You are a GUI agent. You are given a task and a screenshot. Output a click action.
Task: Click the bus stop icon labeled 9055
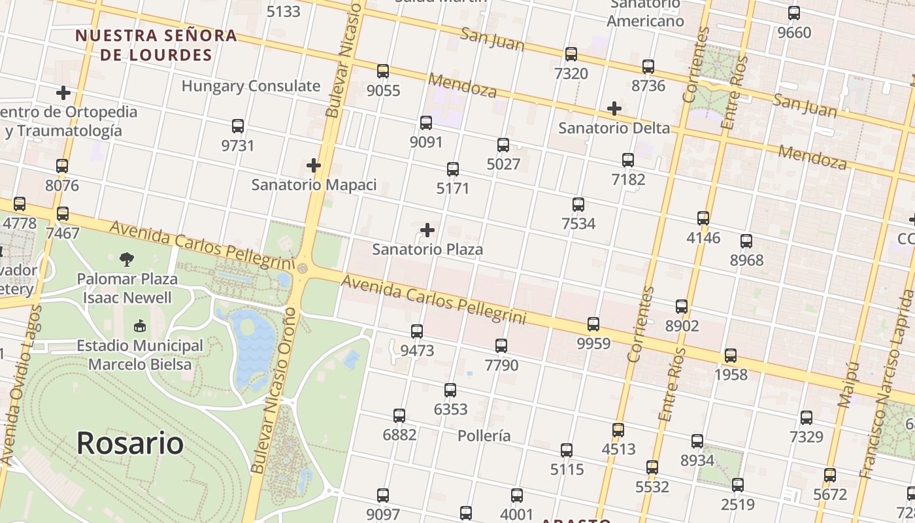click(x=383, y=71)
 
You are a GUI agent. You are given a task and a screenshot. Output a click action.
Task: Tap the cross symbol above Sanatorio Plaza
click(x=427, y=230)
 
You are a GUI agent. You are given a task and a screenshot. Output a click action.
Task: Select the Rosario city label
click(x=129, y=443)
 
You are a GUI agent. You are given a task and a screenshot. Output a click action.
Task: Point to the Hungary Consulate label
click(x=251, y=86)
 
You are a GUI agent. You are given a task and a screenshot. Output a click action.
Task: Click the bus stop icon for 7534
click(x=578, y=205)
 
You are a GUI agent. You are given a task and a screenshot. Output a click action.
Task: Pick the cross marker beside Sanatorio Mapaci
click(x=314, y=165)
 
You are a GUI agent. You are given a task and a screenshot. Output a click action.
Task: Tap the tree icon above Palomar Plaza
click(x=127, y=260)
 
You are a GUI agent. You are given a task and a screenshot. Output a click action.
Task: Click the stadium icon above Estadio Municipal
click(x=139, y=326)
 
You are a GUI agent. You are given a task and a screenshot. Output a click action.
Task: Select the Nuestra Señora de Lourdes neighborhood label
click(x=156, y=44)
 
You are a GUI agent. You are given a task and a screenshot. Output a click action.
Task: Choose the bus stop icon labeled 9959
click(x=593, y=324)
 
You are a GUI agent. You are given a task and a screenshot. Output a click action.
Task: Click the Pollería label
click(x=484, y=436)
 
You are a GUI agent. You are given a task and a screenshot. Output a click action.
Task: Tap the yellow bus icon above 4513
click(x=618, y=430)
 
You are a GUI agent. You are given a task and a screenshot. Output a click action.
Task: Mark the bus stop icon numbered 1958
click(x=731, y=356)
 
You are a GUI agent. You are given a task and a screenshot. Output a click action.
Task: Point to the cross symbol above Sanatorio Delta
click(x=614, y=109)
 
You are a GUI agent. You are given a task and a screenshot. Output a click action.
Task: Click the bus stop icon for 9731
click(x=238, y=126)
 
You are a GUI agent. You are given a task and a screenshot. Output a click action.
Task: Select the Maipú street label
click(x=848, y=386)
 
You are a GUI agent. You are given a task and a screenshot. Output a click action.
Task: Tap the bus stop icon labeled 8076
click(x=62, y=166)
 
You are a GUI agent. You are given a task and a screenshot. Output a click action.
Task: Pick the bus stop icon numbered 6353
click(x=450, y=390)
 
